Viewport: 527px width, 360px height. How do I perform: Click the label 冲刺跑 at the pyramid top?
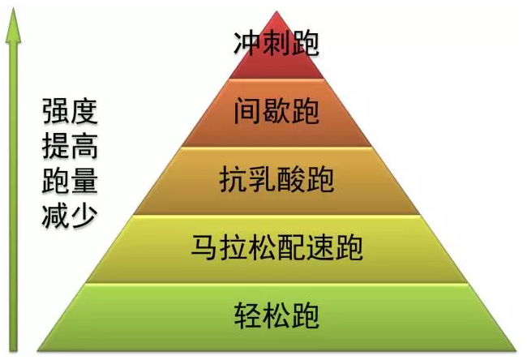point(276,44)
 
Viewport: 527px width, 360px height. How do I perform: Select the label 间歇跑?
point(276,111)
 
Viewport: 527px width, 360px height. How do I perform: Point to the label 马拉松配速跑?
point(277,248)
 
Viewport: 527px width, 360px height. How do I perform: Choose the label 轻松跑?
point(276,315)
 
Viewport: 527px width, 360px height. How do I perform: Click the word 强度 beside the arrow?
point(70,111)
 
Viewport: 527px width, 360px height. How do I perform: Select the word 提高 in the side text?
point(70,146)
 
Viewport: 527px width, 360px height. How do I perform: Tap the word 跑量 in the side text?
point(70,181)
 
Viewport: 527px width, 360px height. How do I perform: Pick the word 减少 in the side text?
point(70,216)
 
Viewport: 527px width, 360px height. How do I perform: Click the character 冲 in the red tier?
point(247,44)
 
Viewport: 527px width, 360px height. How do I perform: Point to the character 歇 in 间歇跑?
point(276,111)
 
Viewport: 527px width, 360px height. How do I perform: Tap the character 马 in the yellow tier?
point(205,248)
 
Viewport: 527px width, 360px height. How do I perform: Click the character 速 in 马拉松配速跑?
point(320,248)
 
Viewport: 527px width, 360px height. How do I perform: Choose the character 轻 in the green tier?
point(248,315)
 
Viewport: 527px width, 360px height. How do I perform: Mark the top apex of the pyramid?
point(276,11)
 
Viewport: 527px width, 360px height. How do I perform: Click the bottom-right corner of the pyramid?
point(516,351)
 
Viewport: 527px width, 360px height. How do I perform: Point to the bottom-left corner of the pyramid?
point(37,351)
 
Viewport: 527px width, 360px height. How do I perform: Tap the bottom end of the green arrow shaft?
point(14,351)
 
